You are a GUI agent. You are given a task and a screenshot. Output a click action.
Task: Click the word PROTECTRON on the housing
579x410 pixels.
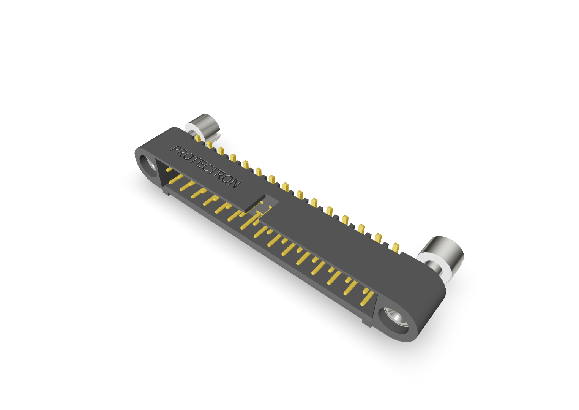tap(206, 166)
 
